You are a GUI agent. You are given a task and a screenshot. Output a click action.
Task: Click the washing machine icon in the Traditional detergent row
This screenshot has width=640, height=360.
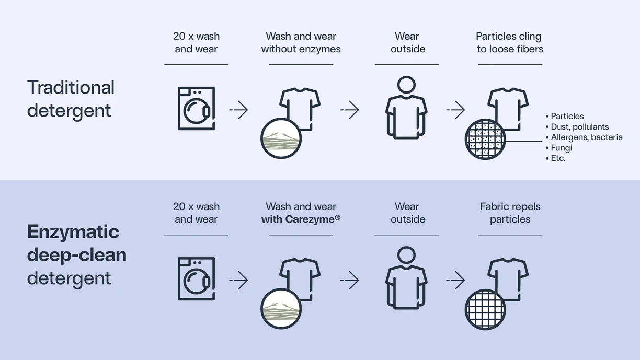pyautogui.click(x=196, y=108)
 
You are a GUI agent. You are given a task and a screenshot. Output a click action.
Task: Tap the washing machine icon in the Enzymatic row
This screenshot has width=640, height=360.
pyautogui.click(x=196, y=278)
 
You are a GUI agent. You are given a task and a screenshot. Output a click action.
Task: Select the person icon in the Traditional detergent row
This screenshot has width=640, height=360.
pyautogui.click(x=406, y=108)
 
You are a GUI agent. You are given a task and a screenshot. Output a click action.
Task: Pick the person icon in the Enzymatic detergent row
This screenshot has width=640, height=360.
pyautogui.click(x=406, y=278)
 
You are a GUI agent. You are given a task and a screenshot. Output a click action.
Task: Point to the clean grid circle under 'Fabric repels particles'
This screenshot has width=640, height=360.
pyautogui.click(x=485, y=309)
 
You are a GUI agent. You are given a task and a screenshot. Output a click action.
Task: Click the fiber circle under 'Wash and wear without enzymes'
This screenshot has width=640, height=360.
pyautogui.click(x=281, y=139)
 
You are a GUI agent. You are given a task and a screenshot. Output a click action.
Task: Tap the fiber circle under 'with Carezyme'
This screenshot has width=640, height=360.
pyautogui.click(x=281, y=309)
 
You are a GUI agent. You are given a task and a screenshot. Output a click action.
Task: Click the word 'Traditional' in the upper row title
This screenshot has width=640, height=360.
pyautogui.click(x=71, y=87)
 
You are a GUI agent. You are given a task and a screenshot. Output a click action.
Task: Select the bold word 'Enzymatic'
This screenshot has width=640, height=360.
pyautogui.click(x=73, y=231)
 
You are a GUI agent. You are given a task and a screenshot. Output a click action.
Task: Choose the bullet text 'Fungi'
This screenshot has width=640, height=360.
pyautogui.click(x=562, y=148)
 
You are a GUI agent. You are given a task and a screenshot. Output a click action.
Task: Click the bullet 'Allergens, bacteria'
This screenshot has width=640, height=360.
pyautogui.click(x=586, y=137)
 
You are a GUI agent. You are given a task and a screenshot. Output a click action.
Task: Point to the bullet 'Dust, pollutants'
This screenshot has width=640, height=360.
pyautogui.click(x=579, y=127)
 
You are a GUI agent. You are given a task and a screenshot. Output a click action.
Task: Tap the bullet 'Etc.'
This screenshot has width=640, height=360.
pyautogui.click(x=558, y=158)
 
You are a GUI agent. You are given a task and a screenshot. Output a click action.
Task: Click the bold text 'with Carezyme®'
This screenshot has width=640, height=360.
pyautogui.click(x=301, y=219)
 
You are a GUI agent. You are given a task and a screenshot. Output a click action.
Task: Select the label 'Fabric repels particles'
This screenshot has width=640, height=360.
pyautogui.click(x=510, y=213)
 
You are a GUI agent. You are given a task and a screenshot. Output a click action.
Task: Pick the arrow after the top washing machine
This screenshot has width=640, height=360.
pyautogui.click(x=238, y=110)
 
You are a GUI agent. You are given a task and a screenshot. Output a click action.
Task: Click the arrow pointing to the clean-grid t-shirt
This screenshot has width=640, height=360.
pyautogui.click(x=455, y=280)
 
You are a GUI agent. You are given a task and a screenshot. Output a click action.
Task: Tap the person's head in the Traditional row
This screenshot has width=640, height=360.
pyautogui.click(x=406, y=85)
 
